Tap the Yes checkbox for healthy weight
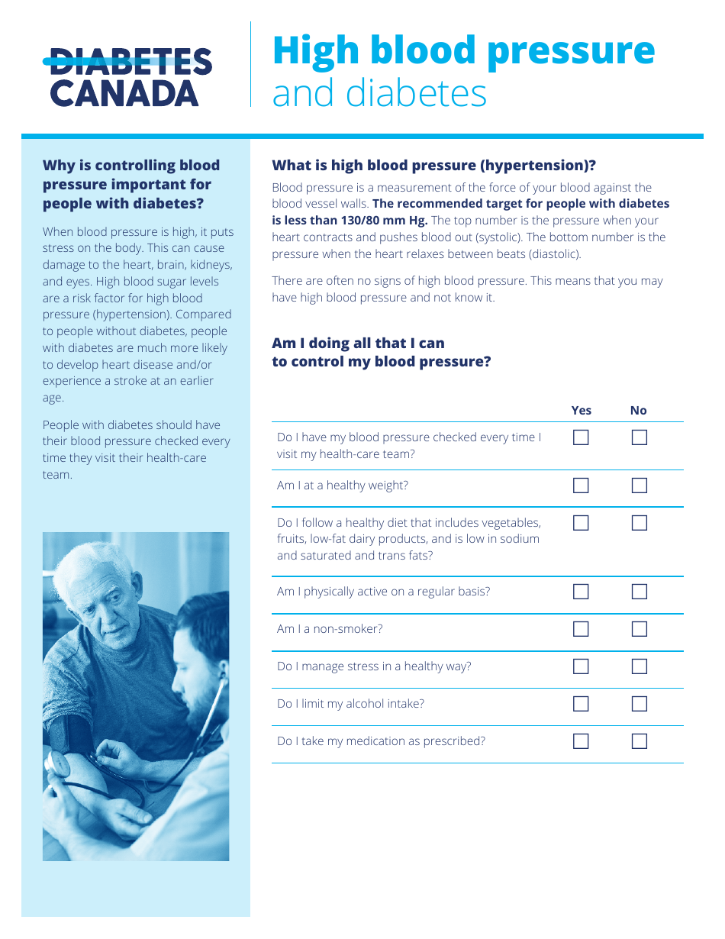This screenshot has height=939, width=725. point(581,486)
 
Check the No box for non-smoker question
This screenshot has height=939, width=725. point(639,629)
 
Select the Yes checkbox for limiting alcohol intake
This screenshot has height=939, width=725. point(581,704)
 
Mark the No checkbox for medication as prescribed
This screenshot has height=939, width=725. point(639,741)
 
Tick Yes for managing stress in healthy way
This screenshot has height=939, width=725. point(581,666)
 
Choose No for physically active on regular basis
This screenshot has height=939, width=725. point(639,592)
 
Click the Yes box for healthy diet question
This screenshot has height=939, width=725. point(581,523)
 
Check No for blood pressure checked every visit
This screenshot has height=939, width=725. point(639,437)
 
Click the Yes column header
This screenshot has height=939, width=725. point(581,411)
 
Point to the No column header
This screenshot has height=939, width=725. point(638,411)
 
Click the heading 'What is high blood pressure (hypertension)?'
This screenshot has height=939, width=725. point(433,166)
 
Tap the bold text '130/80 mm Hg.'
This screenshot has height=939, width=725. point(389,221)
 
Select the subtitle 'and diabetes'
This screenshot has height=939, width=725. point(379,94)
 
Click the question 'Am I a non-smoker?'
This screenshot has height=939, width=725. point(330,629)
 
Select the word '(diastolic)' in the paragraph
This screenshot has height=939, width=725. point(554,254)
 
